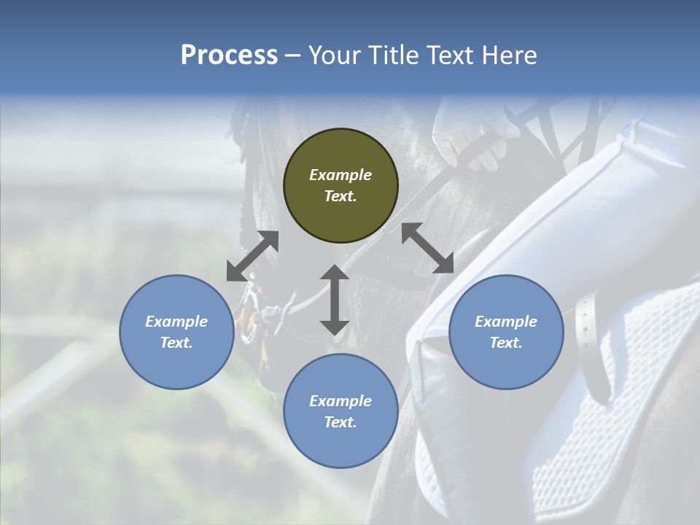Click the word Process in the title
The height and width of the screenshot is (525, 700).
[229, 55]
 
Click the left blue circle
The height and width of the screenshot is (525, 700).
[176, 332]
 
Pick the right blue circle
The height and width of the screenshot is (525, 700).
[506, 332]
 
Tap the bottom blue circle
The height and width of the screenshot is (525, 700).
[341, 411]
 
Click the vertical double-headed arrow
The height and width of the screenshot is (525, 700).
[334, 300]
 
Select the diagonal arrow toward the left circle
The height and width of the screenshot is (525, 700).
[252, 256]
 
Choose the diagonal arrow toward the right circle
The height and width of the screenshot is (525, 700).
[427, 248]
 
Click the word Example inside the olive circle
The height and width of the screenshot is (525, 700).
[341, 175]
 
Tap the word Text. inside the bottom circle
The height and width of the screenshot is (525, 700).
[341, 422]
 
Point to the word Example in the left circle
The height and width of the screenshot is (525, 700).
[176, 322]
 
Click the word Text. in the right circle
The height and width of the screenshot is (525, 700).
[506, 343]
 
